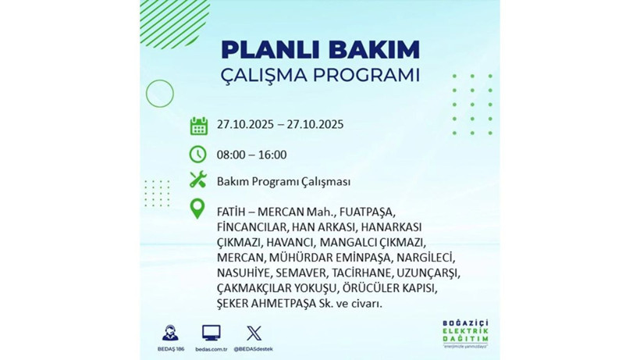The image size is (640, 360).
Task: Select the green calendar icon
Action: click(x=198, y=125)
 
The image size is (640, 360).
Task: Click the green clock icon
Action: click(x=198, y=154)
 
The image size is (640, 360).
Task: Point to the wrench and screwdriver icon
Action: click(x=198, y=181)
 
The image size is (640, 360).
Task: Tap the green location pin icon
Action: click(x=198, y=210)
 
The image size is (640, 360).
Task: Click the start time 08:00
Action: click(x=231, y=154)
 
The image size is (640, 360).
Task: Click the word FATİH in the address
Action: click(x=233, y=212)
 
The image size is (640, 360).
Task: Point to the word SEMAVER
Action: click(x=297, y=273)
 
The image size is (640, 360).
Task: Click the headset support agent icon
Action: click(x=169, y=332)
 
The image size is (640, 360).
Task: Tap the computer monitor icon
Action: click(x=211, y=332)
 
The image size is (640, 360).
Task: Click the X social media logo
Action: click(x=254, y=332)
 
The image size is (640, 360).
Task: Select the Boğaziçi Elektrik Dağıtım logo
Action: click(x=465, y=333)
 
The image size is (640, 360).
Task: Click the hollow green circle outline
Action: click(x=159, y=94)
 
